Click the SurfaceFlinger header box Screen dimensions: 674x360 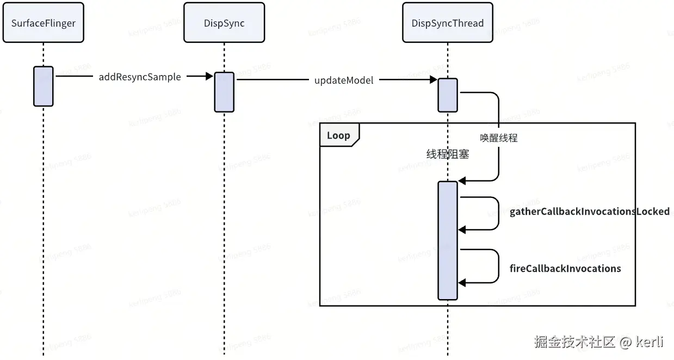pos(44,22)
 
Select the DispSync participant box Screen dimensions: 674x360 pos(224,22)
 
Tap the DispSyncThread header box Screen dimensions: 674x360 pos(447,22)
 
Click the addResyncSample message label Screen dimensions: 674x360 pos(140,77)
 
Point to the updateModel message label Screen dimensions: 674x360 pos(344,80)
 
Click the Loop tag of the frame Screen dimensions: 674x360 pos(339,135)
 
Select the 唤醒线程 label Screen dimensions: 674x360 pos(499,138)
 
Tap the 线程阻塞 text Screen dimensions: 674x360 pos(447,154)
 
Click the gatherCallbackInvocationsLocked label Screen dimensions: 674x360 pos(590,212)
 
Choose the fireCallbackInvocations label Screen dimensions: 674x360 pos(565,268)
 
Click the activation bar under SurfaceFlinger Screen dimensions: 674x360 pos(44,86)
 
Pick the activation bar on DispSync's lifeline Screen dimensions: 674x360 pos(224,92)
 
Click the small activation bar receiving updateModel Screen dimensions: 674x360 pos(448,95)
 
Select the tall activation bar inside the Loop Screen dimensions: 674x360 pos(448,240)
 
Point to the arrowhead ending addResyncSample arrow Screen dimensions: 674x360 pos(209,76)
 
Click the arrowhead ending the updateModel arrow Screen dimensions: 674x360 pos(433,80)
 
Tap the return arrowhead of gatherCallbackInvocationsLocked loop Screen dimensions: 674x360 pos(462,230)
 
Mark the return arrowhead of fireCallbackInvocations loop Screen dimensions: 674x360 pos(462,283)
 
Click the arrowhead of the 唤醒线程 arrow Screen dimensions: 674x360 pos(462,181)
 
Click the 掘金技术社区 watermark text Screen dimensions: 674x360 pos(574,342)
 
